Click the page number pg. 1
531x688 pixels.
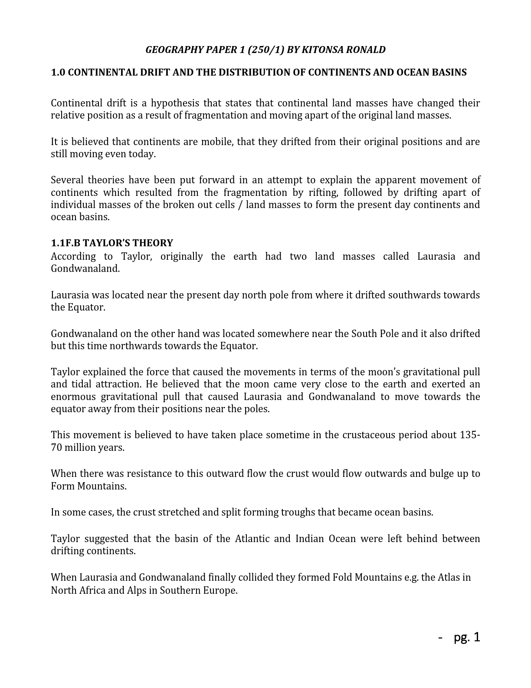[467, 638]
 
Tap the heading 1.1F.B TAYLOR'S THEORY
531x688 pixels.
[112, 243]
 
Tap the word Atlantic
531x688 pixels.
[250, 539]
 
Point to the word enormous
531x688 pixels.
[72, 397]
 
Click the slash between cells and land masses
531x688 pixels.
[240, 205]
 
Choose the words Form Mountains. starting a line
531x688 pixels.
[88, 486]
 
